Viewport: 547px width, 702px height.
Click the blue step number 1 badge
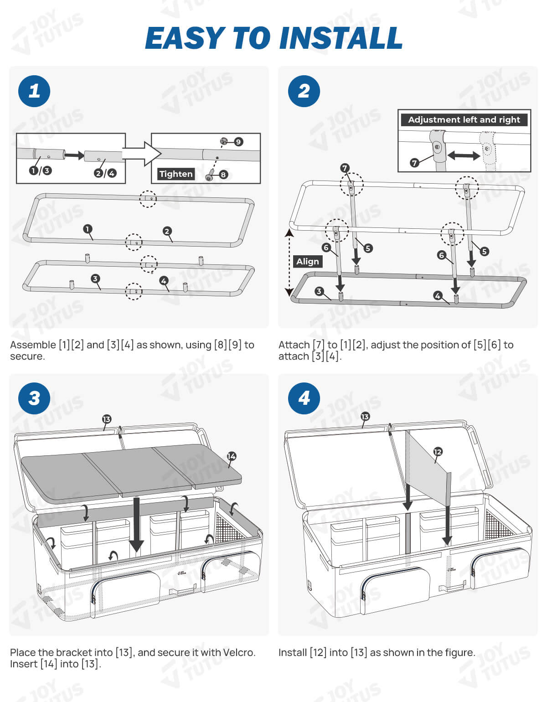tap(34, 91)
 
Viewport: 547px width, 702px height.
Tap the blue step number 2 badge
tap(304, 91)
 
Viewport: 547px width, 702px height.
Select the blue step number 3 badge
tap(34, 398)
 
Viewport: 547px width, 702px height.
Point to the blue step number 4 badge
tap(304, 398)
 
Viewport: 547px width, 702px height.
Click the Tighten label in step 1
tap(176, 174)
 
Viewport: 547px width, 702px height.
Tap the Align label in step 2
tap(308, 261)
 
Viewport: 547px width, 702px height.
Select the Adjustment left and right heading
tap(464, 119)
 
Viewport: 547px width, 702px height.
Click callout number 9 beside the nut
tap(238, 142)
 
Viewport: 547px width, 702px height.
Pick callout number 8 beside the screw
tap(223, 174)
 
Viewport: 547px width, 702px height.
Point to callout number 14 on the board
tap(232, 456)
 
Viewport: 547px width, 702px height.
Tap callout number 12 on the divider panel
tap(438, 452)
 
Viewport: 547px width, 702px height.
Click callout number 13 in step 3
tap(107, 419)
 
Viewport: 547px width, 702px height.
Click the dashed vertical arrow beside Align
tap(289, 262)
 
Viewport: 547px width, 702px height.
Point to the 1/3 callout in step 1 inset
tap(40, 170)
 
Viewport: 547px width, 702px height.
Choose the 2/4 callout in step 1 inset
tap(105, 173)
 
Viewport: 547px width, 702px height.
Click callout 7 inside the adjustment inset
tap(414, 163)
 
